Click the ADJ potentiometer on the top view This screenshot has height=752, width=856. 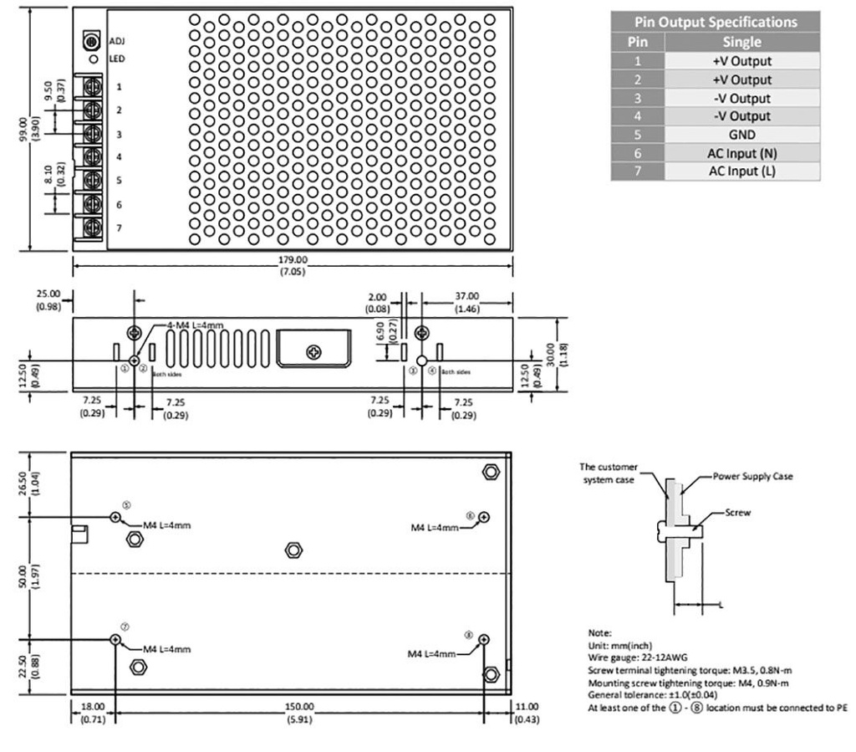pos(91,40)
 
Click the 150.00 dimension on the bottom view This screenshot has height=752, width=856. pos(298,707)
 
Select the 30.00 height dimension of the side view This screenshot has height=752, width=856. pos(550,353)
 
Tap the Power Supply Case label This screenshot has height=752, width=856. pos(752,476)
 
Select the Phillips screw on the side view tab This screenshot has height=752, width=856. pos(314,352)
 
